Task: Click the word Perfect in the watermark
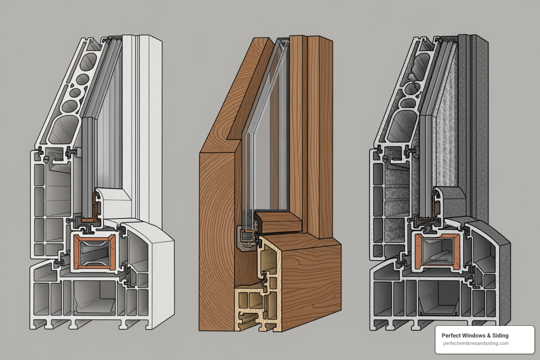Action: coord(450,336)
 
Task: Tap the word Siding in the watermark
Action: coord(500,336)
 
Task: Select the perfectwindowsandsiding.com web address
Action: coord(476,343)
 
